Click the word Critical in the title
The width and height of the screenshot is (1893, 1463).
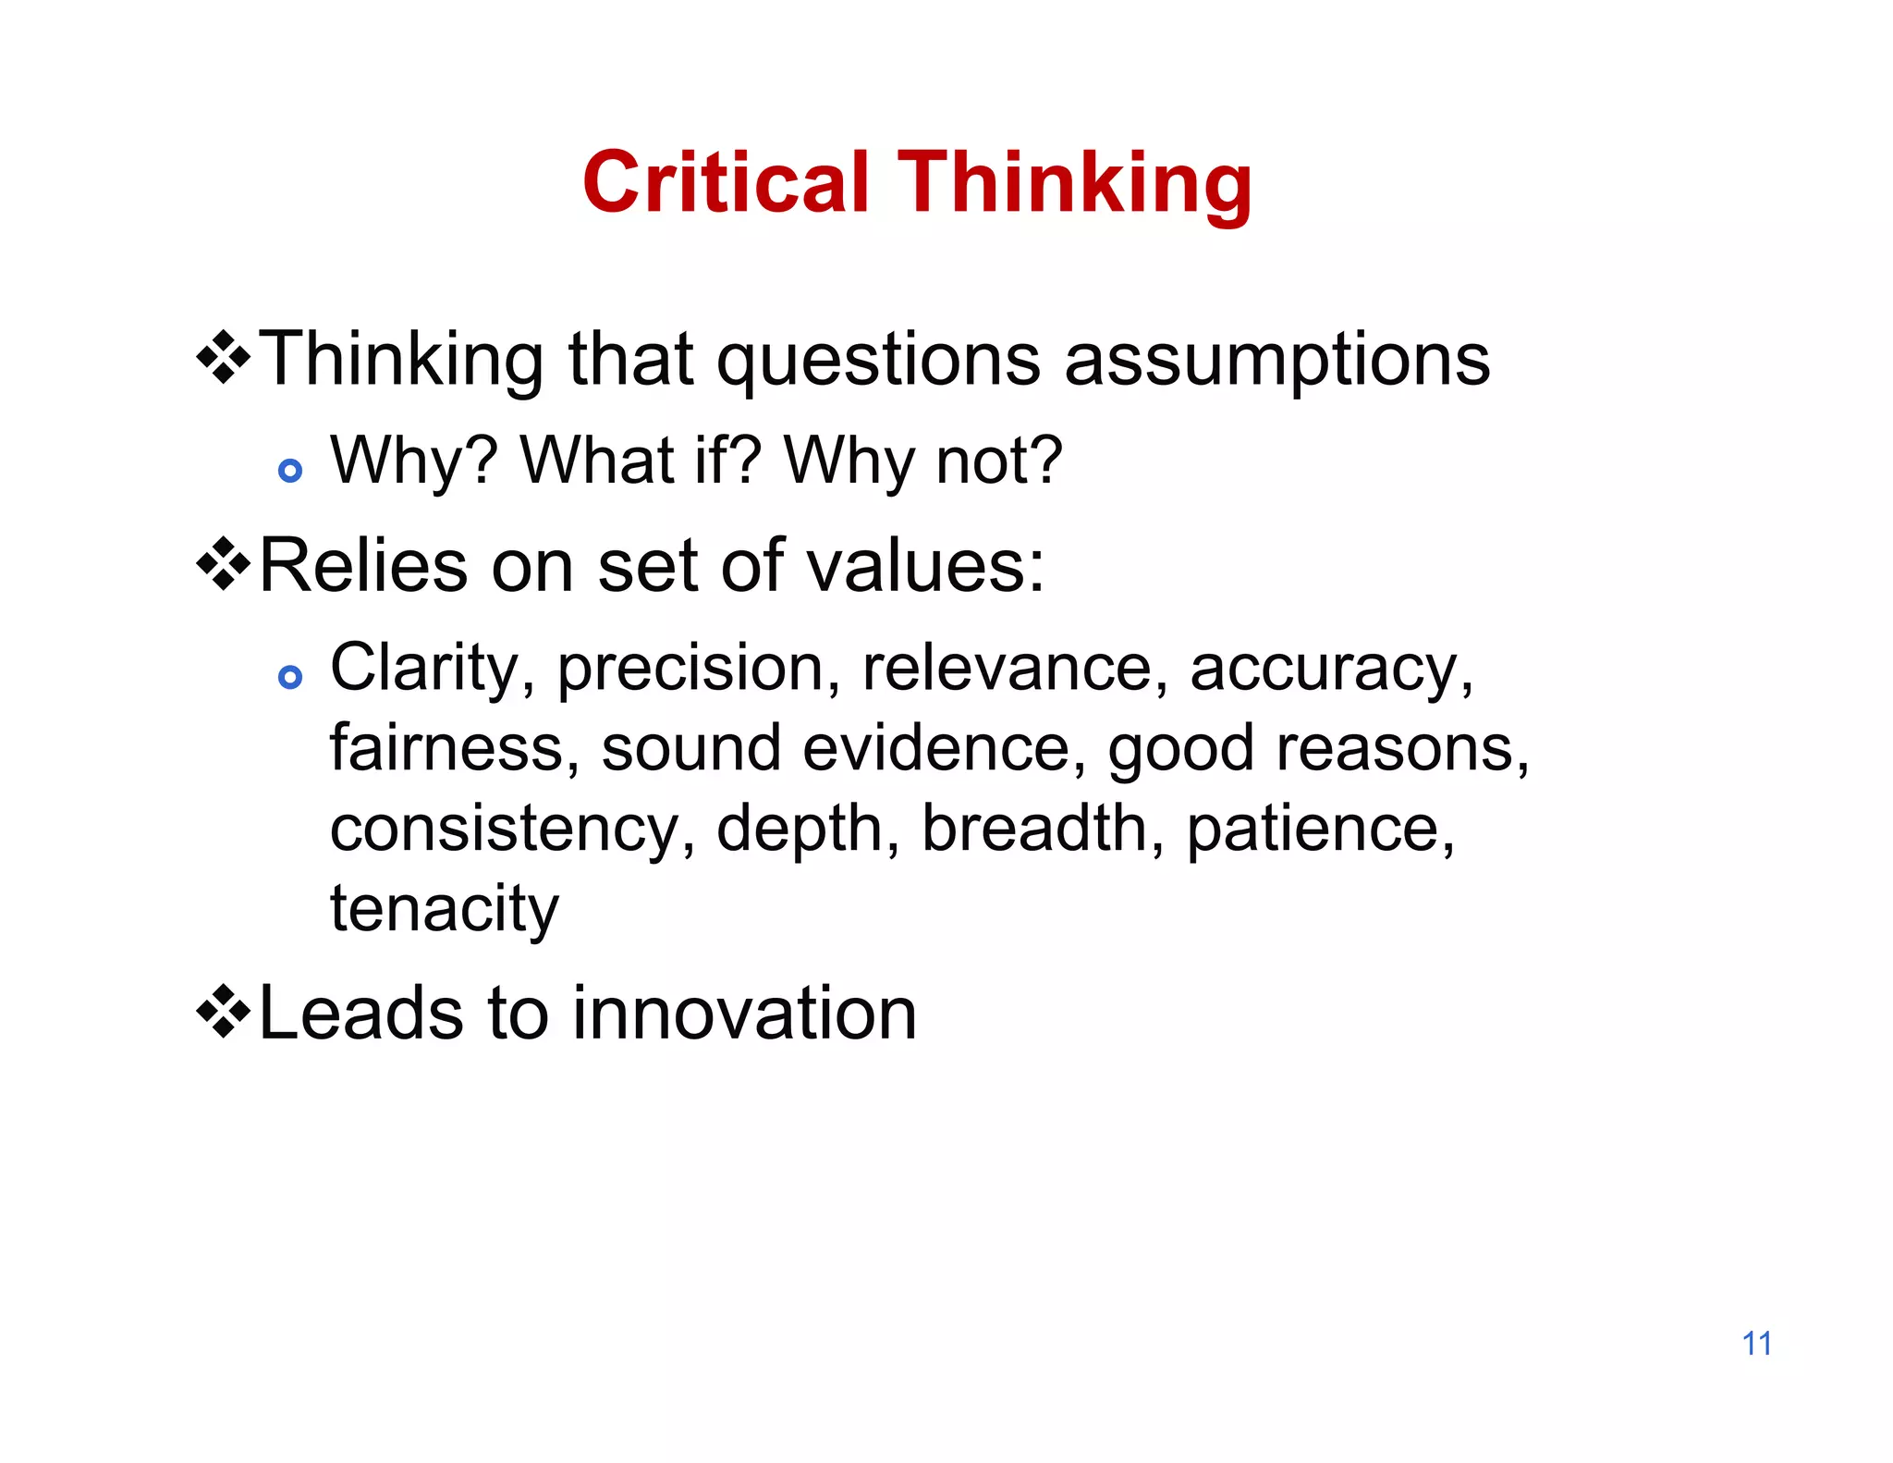pos(726,182)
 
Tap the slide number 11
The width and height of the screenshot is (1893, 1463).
pos(1756,1344)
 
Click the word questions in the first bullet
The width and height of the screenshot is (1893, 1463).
pos(878,360)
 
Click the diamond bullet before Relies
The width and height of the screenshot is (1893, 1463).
pos(224,564)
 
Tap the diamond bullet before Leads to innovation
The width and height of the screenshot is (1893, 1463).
pos(224,1012)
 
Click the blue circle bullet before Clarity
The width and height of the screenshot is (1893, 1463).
pos(290,677)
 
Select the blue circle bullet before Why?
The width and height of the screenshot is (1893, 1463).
pos(290,471)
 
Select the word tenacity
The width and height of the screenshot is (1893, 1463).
pos(445,908)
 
